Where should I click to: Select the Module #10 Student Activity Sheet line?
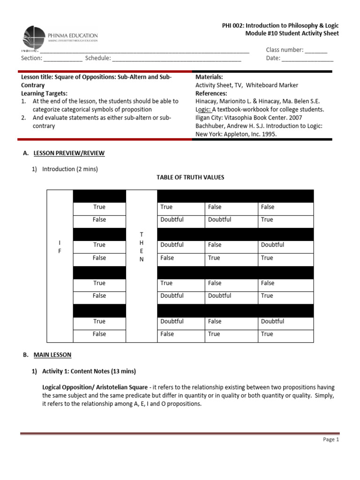292,33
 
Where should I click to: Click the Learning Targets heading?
45,93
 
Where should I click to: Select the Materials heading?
209,77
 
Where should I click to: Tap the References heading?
211,93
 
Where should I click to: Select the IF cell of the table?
60,247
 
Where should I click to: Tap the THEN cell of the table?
142,247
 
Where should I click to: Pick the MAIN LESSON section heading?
52,355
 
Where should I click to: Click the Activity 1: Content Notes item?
89,371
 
